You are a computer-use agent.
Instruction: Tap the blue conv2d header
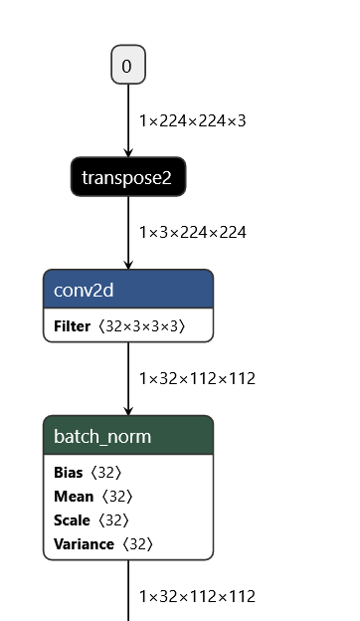pyautogui.click(x=127, y=289)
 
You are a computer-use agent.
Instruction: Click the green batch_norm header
pyautogui.click(x=127, y=436)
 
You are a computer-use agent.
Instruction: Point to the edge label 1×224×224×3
pyautogui.click(x=192, y=120)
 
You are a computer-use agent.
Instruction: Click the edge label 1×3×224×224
pyautogui.click(x=192, y=232)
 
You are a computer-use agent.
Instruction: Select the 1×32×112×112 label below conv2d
pyautogui.click(x=197, y=378)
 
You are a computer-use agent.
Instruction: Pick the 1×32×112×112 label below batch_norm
pyautogui.click(x=197, y=596)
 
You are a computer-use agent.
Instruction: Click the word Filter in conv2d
pyautogui.click(x=72, y=325)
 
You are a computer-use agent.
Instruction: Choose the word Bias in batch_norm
pyautogui.click(x=68, y=473)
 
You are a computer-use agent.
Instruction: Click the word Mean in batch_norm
pyautogui.click(x=73, y=497)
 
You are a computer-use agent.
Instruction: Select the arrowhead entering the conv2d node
pyautogui.click(x=127, y=264)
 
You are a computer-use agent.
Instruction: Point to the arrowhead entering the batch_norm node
pyautogui.click(x=127, y=410)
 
